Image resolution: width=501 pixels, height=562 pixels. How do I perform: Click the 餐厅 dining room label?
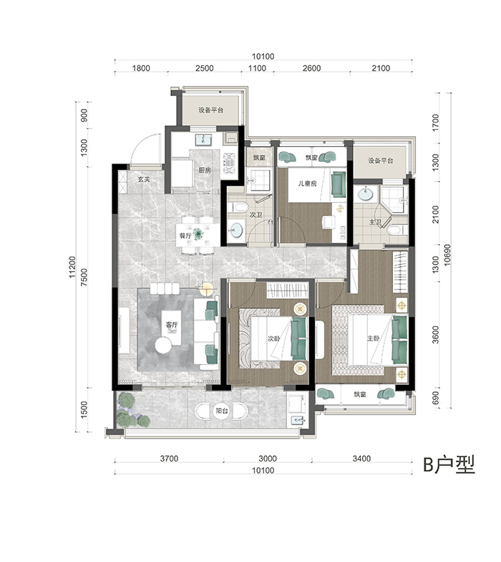(x=185, y=235)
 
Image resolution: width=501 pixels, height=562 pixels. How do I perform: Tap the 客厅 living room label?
(x=172, y=325)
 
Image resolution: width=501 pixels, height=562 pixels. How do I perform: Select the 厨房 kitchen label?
(x=205, y=171)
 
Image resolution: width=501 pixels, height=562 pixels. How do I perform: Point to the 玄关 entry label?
(x=144, y=179)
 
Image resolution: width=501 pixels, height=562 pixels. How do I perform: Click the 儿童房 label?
(x=308, y=184)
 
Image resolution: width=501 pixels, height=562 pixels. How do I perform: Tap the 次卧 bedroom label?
(x=273, y=338)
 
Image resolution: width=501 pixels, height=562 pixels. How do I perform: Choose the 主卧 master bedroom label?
(x=373, y=338)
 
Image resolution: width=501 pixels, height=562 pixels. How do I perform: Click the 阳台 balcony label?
(x=222, y=411)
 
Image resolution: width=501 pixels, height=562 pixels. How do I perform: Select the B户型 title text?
(x=449, y=465)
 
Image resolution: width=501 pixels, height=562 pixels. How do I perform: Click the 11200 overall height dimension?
(x=72, y=267)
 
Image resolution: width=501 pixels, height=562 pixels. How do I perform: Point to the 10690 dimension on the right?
(x=447, y=255)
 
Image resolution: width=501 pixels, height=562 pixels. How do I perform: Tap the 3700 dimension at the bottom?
(x=169, y=459)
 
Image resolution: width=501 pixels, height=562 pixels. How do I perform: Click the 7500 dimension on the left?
(x=84, y=277)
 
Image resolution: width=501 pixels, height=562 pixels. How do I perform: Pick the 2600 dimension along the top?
(x=311, y=68)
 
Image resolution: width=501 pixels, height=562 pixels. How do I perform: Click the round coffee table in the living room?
(x=164, y=346)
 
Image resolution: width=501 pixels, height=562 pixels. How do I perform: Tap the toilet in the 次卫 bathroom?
(x=240, y=206)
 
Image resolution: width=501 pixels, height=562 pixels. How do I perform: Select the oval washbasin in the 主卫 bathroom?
(x=365, y=195)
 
